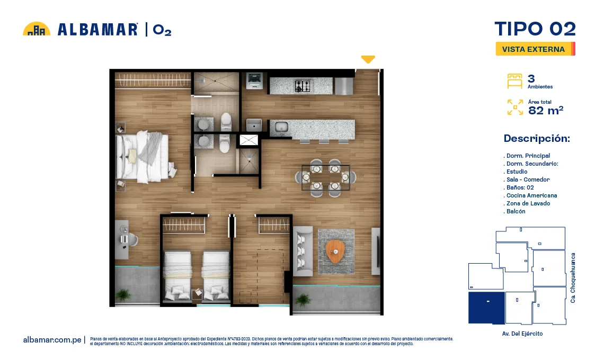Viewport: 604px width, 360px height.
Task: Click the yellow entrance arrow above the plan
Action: coord(368,59)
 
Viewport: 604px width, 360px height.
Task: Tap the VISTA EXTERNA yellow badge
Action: coord(535,49)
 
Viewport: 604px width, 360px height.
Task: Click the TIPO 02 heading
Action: coord(535,29)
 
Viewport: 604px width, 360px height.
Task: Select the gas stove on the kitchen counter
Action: coord(303,86)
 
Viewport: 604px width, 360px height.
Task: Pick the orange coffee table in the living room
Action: coord(335,251)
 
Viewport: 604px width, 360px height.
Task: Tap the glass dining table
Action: coord(325,177)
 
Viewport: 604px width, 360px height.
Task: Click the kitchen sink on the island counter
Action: coord(281,127)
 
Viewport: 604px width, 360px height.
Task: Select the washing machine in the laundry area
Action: coord(254,80)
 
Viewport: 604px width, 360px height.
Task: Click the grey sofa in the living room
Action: coord(303,251)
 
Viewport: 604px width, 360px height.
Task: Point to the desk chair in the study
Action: coord(132,239)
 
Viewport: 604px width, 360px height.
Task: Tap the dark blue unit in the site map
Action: coord(486,308)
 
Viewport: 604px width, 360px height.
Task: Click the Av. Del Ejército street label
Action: coord(522,334)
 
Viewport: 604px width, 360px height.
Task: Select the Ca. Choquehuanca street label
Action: coord(573,277)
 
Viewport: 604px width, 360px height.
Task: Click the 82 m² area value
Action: coord(545,111)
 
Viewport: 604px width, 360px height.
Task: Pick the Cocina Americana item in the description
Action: coord(531,195)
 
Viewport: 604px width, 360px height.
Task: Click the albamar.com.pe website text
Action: coord(52,340)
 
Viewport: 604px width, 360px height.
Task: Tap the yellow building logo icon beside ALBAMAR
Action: coord(37,29)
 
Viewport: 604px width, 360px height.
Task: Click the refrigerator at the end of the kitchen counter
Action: coord(344,86)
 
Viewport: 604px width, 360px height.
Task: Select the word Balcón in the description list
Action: coord(516,211)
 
